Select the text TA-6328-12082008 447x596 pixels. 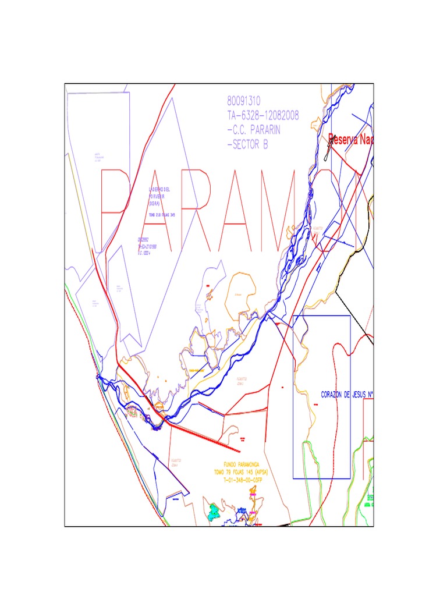[x=262, y=116]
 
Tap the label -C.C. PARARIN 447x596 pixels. [x=254, y=131]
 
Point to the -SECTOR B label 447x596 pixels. [x=247, y=145]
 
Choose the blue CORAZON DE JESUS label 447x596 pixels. [x=346, y=395]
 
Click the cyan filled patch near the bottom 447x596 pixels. [x=214, y=512]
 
